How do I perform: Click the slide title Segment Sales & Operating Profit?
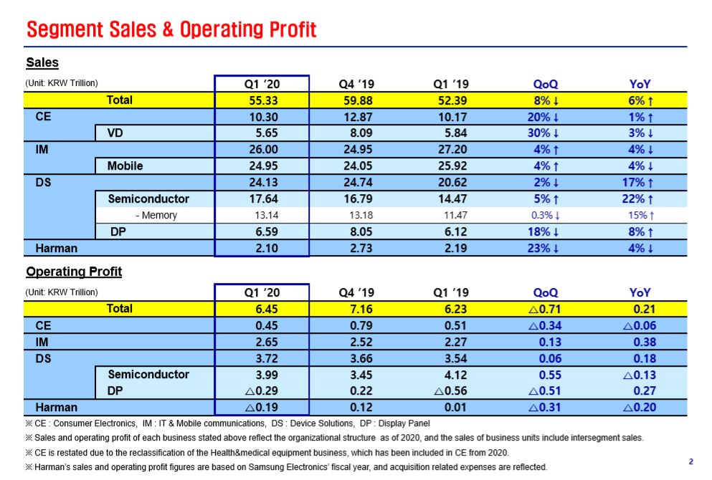(x=171, y=29)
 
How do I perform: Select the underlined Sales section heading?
(x=42, y=63)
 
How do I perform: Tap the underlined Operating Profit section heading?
(x=74, y=272)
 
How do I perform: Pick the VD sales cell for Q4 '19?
(x=356, y=133)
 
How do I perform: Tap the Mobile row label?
(x=125, y=165)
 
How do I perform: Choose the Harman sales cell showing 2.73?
(x=356, y=249)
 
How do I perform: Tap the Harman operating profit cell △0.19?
(x=261, y=408)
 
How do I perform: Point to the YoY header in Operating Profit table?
(x=640, y=292)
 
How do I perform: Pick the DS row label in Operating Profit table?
(x=44, y=358)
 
